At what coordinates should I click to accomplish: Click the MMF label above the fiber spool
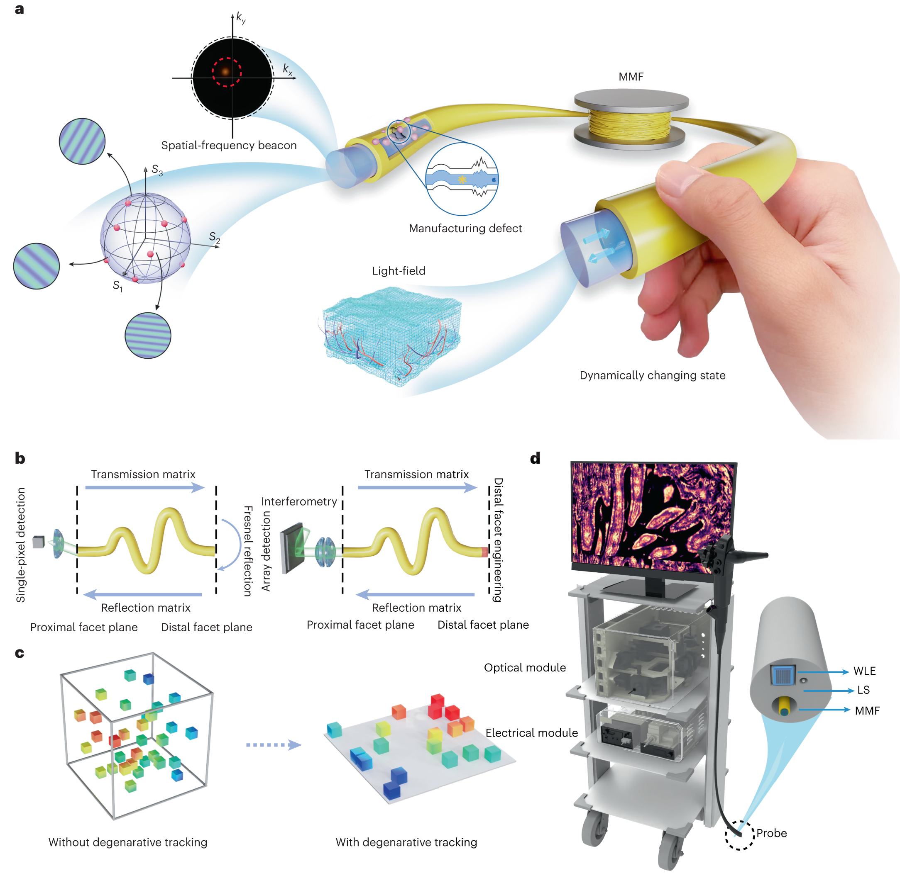[631, 77]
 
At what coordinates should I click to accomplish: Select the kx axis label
[287, 70]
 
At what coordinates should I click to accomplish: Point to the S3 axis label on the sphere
[157, 170]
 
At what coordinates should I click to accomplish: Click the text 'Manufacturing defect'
[465, 229]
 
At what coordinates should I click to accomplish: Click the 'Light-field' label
[398, 271]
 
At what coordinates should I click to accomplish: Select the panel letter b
[20, 458]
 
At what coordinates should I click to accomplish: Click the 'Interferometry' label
[298, 501]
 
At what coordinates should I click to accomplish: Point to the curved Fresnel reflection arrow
[232, 544]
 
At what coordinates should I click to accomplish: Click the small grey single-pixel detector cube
[39, 542]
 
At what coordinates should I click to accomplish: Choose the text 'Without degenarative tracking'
[127, 842]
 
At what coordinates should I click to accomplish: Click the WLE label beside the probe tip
[864, 671]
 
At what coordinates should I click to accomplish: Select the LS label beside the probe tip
[863, 690]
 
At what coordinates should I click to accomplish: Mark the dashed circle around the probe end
[739, 834]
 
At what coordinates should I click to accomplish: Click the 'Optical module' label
[525, 667]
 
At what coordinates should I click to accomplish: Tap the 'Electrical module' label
[531, 733]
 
